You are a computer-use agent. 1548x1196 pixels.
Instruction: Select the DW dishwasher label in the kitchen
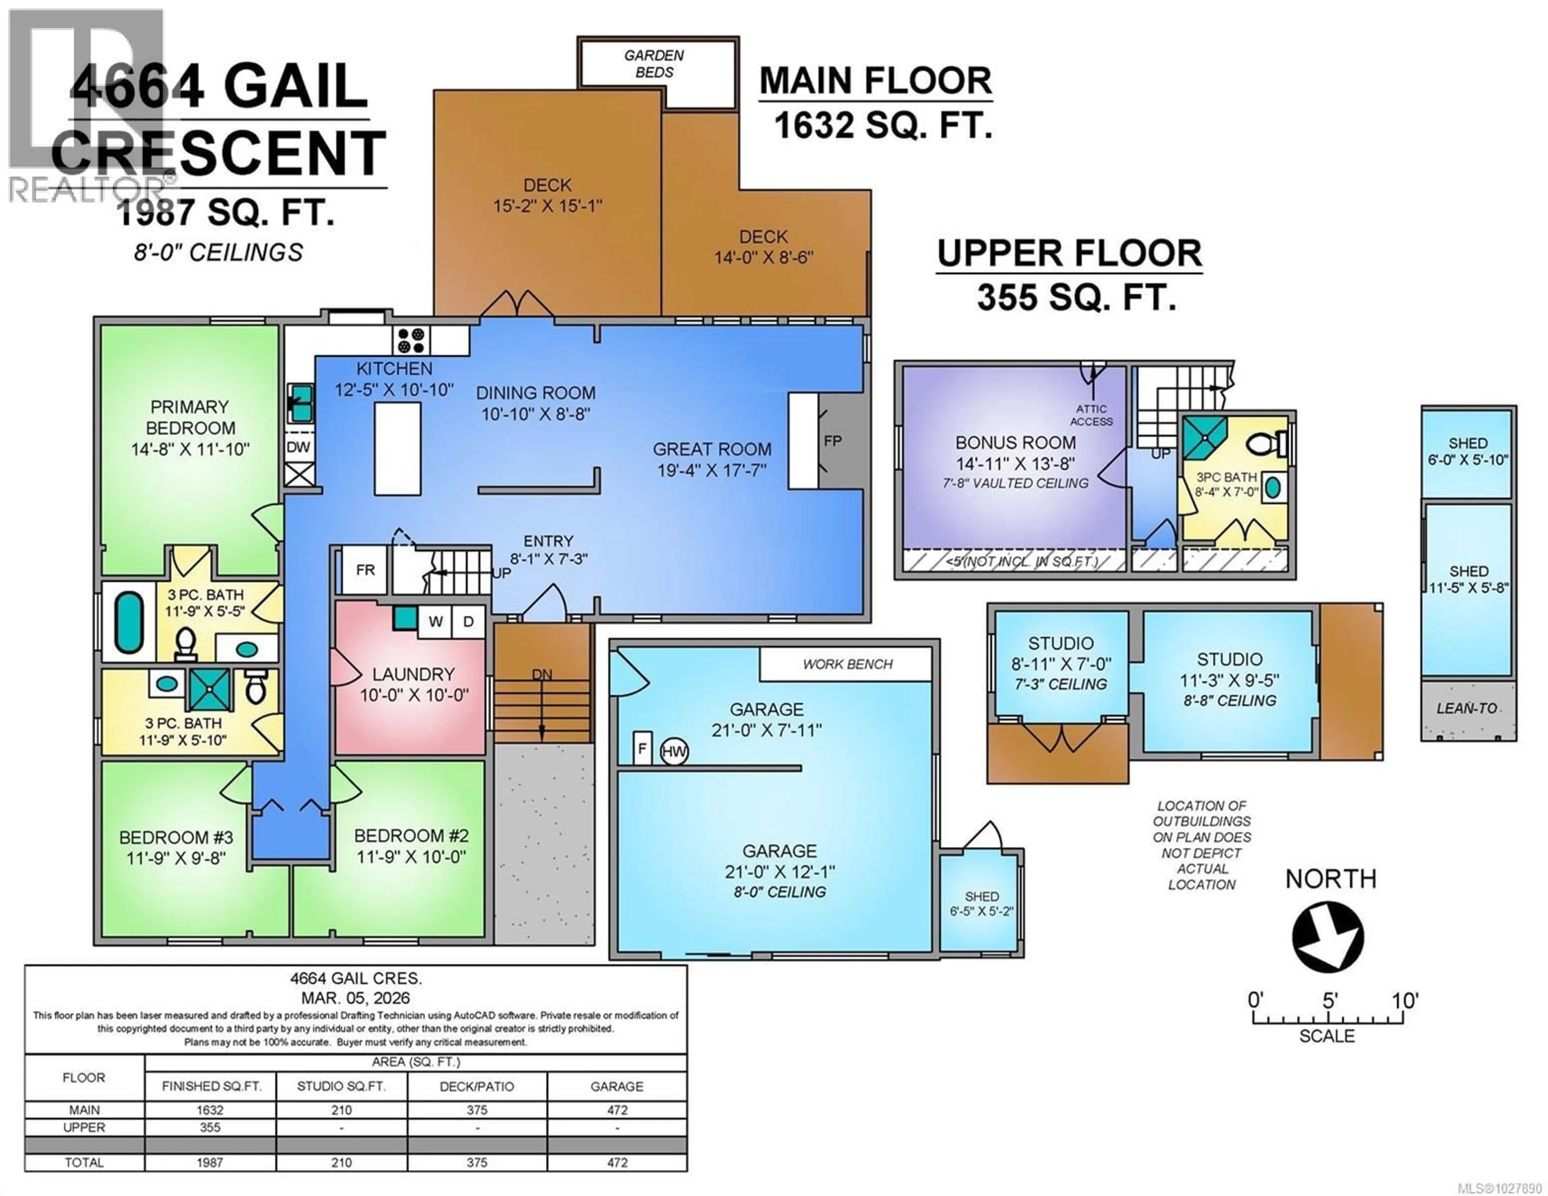click(298, 447)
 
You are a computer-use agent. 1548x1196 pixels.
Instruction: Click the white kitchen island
click(397, 448)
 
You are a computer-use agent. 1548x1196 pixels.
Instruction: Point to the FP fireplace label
click(833, 441)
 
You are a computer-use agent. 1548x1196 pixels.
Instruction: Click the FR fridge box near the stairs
click(365, 570)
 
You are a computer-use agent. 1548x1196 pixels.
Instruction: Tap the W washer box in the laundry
click(435, 622)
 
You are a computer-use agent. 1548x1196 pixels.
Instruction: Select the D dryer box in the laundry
click(468, 622)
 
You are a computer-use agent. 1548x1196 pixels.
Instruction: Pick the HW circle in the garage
click(674, 751)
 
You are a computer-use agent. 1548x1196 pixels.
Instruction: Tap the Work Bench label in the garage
click(847, 664)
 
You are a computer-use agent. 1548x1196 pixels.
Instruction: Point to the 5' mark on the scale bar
click(1330, 1001)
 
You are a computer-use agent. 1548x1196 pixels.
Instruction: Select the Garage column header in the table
click(617, 1086)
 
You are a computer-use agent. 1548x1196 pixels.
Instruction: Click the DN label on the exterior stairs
click(542, 674)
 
